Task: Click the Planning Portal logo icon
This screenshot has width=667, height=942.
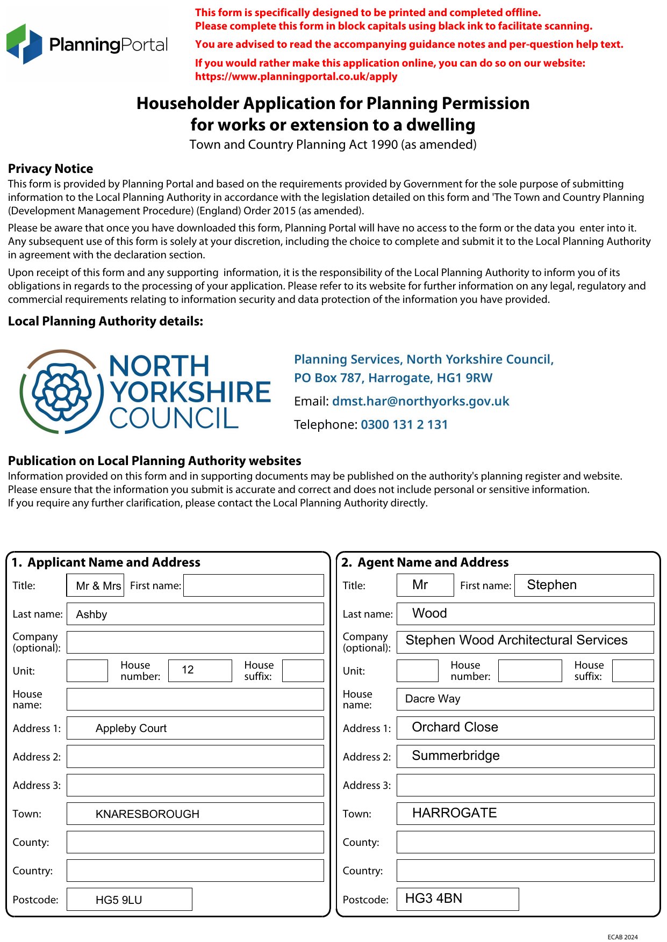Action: tap(24, 44)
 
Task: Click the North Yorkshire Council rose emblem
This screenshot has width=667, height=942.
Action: tap(62, 392)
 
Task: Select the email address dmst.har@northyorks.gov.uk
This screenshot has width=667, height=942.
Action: tap(420, 401)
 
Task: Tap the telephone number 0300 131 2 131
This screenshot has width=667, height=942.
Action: tap(404, 425)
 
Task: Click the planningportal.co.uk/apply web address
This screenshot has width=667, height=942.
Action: tap(296, 76)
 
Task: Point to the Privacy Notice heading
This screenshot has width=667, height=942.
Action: tap(51, 169)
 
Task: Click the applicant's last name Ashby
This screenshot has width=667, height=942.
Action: tap(195, 614)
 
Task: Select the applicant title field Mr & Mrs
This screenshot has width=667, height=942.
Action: tap(95, 585)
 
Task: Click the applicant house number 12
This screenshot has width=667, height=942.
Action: tap(200, 670)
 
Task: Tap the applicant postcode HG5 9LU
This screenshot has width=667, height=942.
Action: tap(129, 900)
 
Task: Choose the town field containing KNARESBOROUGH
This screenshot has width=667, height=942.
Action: tap(195, 814)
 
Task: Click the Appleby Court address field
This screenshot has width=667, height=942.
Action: tap(195, 728)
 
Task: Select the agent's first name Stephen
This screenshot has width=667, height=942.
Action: tap(584, 585)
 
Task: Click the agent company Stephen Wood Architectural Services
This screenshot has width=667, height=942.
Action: tap(525, 641)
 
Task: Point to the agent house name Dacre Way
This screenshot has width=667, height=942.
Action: tap(525, 699)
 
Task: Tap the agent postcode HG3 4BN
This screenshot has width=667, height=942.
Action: tap(457, 899)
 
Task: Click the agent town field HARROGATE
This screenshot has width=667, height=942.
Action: tap(525, 813)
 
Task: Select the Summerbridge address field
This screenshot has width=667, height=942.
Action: tap(525, 756)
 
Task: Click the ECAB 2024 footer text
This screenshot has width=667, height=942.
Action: tap(622, 937)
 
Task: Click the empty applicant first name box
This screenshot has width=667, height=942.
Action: tap(254, 585)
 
